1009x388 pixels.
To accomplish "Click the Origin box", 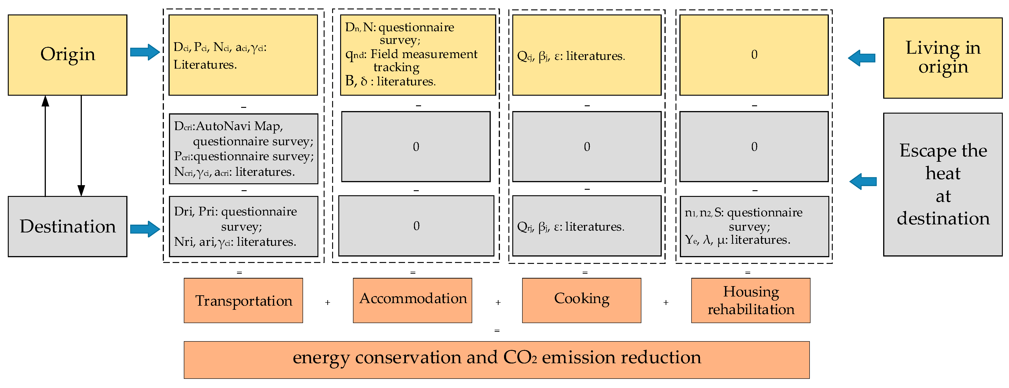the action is pyautogui.click(x=67, y=55).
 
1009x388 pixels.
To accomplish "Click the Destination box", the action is pyautogui.click(x=67, y=226).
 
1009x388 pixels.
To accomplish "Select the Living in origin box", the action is pyautogui.click(x=942, y=58).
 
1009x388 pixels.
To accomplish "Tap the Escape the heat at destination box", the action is pyautogui.click(x=942, y=184).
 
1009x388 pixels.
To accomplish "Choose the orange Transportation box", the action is pyautogui.click(x=243, y=301).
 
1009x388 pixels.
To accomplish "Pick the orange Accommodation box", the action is pyautogui.click(x=412, y=301).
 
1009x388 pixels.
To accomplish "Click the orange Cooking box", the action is pyautogui.click(x=581, y=301).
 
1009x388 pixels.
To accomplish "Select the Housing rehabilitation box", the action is pyautogui.click(x=750, y=301).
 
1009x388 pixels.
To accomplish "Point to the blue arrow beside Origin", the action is pyautogui.click(x=145, y=52).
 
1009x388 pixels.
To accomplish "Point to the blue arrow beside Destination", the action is pyautogui.click(x=145, y=229).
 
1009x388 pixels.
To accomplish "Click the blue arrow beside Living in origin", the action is pyautogui.click(x=862, y=58).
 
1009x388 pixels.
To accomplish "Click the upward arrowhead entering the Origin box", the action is pyautogui.click(x=45, y=101).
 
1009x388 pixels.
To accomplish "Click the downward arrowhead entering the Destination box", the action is pyautogui.click(x=81, y=190).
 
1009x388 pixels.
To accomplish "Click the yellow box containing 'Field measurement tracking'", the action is pyautogui.click(x=418, y=55).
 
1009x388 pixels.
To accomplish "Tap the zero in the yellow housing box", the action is pyautogui.click(x=754, y=54).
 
